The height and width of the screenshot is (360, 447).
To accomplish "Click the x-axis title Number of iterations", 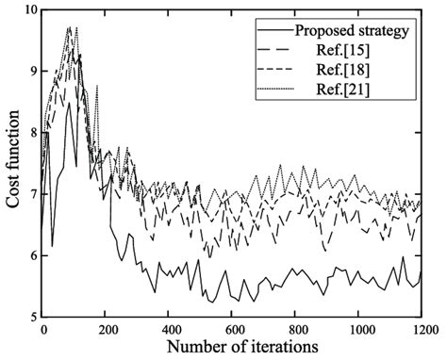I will tap(231, 346).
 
